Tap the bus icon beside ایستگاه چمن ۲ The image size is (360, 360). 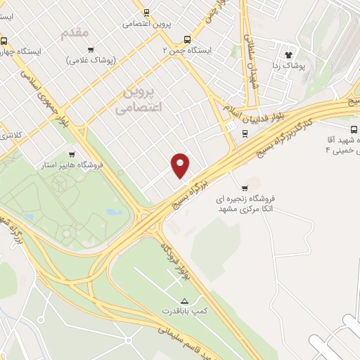tap(186, 40)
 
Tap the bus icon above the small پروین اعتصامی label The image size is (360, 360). tap(146, 12)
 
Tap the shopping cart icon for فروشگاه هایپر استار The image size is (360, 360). tap(72, 155)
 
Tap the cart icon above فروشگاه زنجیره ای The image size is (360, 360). tap(244, 187)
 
